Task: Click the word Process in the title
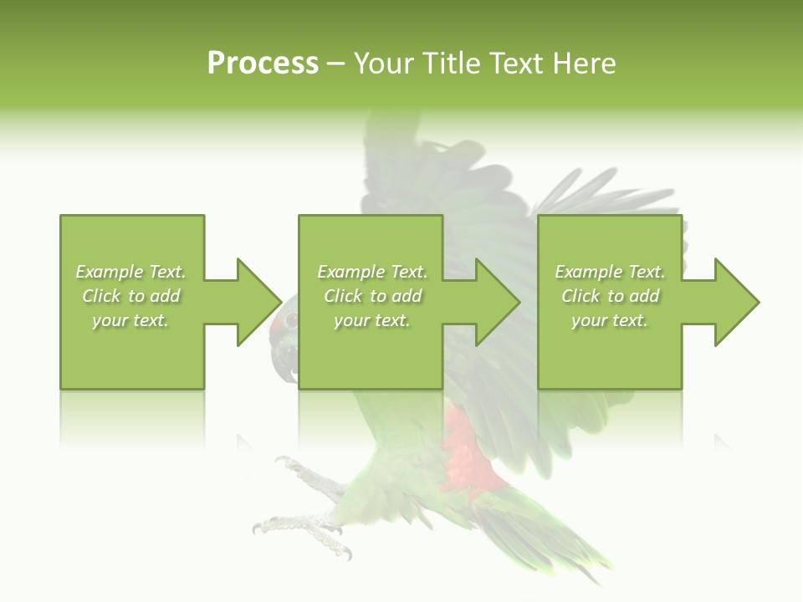(x=263, y=64)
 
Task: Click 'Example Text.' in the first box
(x=130, y=272)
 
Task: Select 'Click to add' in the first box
(x=131, y=296)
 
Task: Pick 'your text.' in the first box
(x=130, y=320)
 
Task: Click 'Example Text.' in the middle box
(x=372, y=272)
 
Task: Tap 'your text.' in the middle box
(x=372, y=320)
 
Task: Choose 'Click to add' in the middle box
(x=372, y=296)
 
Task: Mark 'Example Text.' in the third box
(x=610, y=272)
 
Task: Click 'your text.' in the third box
(x=610, y=320)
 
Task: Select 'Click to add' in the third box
(x=610, y=296)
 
